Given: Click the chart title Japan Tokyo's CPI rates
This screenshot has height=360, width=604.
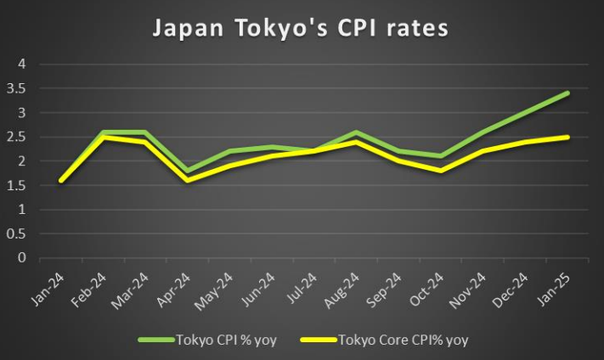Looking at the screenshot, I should [x=301, y=29].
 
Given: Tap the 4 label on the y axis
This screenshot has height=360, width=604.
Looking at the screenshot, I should [x=23, y=64].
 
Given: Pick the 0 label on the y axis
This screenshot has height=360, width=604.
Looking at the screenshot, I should [x=23, y=258].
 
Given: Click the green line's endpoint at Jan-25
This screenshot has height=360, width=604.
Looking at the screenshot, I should [x=567, y=93].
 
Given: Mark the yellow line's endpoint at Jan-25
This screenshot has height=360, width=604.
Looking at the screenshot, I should [x=567, y=137].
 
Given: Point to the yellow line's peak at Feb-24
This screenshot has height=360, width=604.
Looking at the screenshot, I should [x=103, y=137].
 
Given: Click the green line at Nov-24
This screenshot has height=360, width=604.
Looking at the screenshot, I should [x=483, y=132].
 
